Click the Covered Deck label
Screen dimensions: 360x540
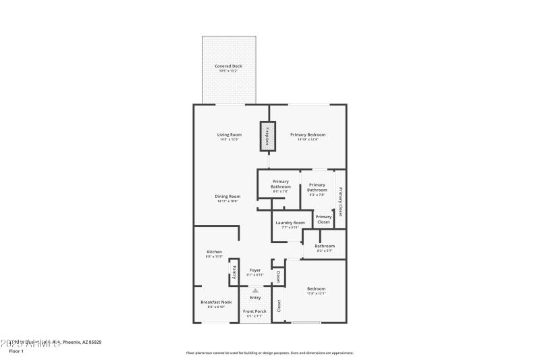click(x=228, y=66)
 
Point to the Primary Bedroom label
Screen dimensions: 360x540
click(x=304, y=134)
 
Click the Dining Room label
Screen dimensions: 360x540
click(x=228, y=196)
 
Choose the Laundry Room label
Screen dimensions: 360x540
click(x=290, y=222)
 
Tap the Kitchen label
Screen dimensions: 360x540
click(x=214, y=251)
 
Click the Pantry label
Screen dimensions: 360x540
click(x=234, y=274)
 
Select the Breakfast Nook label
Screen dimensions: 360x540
click(x=216, y=303)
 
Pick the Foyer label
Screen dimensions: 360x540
click(x=255, y=270)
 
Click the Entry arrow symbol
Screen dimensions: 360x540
click(x=255, y=290)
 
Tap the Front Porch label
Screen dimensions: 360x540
click(x=256, y=311)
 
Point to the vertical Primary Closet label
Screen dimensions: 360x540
click(x=340, y=201)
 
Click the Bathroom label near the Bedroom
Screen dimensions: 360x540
click(x=325, y=246)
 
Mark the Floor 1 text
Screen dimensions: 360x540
click(x=17, y=351)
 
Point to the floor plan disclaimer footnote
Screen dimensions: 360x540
click(x=269, y=353)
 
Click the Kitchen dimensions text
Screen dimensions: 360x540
click(x=214, y=257)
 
